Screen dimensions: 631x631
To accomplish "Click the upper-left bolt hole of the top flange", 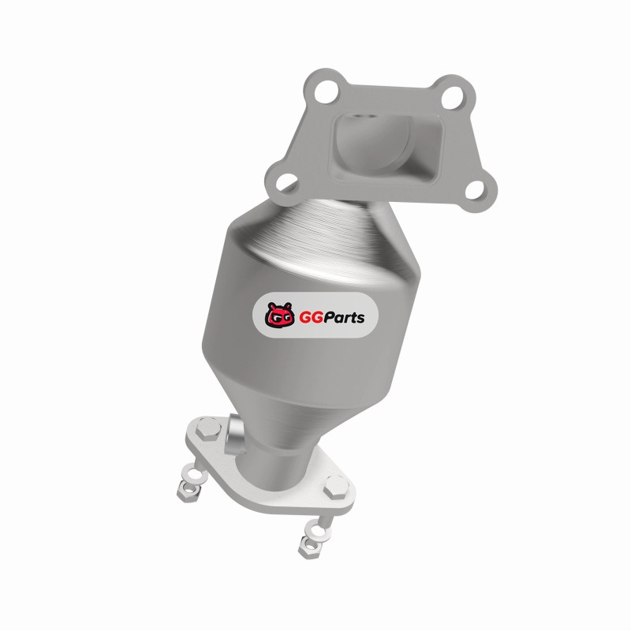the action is tap(325, 91).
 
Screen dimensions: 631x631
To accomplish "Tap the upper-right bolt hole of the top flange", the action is tap(453, 97).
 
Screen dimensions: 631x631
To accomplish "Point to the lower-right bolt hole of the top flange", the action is tap(476, 190).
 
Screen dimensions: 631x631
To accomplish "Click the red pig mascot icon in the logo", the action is tap(279, 315).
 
